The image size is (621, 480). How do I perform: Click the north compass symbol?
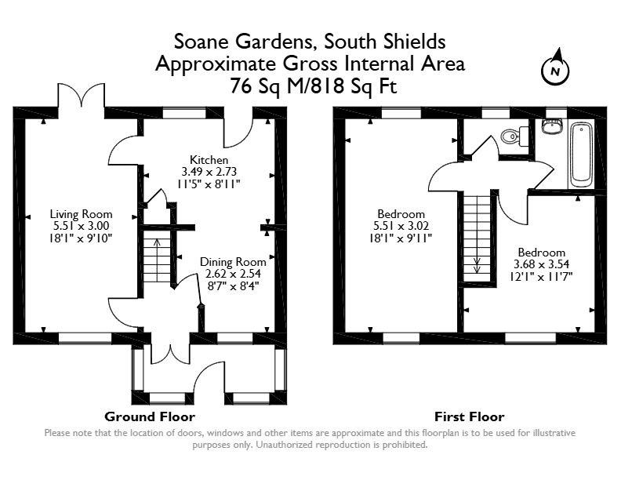point(555,70)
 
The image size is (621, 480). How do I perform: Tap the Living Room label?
point(82,214)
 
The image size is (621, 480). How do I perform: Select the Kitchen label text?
point(209,160)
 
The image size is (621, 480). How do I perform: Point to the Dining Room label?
point(233,262)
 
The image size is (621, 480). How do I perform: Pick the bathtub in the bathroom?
point(580,155)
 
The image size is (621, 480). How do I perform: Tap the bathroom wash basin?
point(552,125)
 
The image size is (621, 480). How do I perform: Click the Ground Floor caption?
point(150,416)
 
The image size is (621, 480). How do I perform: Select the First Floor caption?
point(470,416)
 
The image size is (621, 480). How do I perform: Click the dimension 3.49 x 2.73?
point(209,172)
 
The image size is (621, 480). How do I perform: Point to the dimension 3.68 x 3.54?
point(541,264)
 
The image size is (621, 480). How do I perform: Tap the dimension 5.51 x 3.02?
point(401,226)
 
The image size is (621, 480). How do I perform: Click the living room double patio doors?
point(82,95)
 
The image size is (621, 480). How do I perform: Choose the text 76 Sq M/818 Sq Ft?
point(314,86)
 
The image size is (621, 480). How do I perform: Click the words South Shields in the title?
point(384,42)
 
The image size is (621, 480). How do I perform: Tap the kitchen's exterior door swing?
point(238,128)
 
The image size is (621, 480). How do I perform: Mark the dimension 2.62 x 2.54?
point(234,274)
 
